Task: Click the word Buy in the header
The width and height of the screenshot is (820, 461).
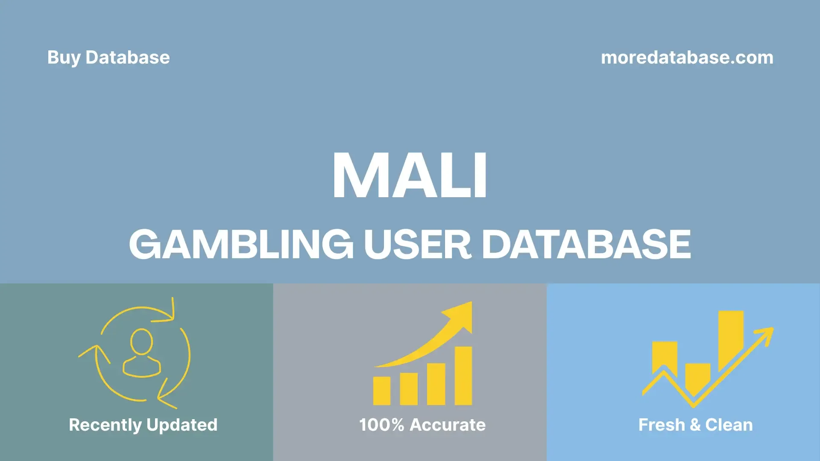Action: point(64,58)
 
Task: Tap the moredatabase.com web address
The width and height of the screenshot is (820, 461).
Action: point(687,58)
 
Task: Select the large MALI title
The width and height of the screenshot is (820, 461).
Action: point(410,175)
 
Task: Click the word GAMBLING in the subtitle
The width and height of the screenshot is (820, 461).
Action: point(241,244)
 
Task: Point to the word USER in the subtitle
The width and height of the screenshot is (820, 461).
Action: point(417,244)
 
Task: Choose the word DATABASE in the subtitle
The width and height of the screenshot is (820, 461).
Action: point(586,244)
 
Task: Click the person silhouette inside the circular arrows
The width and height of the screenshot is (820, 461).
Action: point(142,353)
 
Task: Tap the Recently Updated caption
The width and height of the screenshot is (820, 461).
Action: point(143,425)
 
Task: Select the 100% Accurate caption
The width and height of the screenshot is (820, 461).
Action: point(422,425)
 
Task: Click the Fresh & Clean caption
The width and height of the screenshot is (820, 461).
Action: point(695,425)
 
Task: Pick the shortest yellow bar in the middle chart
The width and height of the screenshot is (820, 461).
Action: point(382,391)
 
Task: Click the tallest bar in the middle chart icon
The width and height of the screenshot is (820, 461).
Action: point(463,376)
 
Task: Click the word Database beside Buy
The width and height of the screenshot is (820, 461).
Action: point(128,58)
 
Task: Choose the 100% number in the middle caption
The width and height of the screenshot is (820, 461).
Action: point(381,425)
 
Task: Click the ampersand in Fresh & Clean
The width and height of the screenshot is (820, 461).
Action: point(695,425)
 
